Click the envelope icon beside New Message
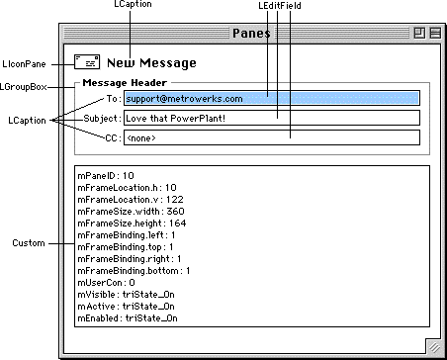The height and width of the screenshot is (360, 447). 87,61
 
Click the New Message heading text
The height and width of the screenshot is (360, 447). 151,63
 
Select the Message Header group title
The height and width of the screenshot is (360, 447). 125,83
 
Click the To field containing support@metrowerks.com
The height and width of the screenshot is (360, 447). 272,98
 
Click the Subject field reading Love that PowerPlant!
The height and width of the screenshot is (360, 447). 272,118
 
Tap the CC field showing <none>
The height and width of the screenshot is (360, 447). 272,137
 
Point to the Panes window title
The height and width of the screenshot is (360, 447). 251,33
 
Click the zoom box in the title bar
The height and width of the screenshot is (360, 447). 419,33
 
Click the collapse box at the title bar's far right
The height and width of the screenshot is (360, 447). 435,33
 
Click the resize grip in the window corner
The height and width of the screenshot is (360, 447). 434,347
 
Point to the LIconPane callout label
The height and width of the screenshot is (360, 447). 24,64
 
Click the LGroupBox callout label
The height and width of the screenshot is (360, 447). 24,87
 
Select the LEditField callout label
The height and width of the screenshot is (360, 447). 280,6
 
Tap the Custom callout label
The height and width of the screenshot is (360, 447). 29,243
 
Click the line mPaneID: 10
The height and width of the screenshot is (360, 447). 106,176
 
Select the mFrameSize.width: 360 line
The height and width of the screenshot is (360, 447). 131,212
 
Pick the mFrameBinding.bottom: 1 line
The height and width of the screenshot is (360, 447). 134,271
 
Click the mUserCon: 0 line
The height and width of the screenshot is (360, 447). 106,283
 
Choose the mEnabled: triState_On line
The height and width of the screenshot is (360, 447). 128,318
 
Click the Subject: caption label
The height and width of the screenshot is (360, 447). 103,119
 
